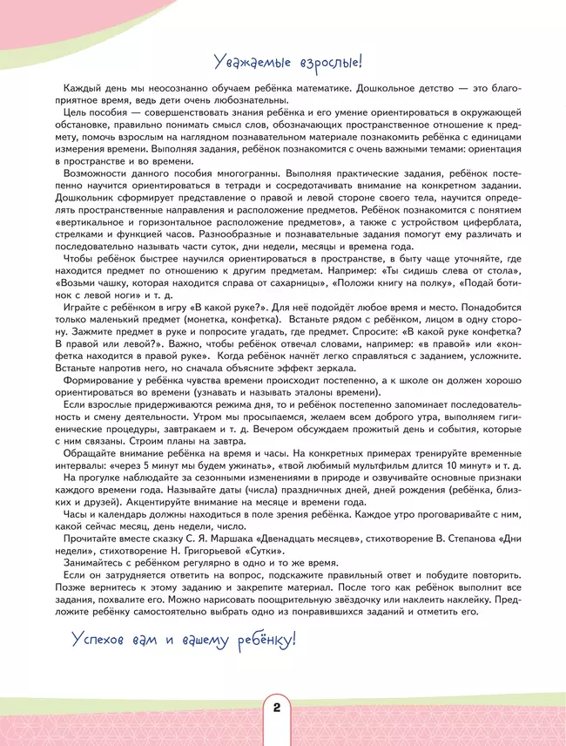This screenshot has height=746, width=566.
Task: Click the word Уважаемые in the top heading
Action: point(252,63)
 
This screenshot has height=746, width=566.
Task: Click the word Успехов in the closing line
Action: point(102,640)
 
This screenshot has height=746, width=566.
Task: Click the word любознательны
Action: point(246,100)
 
